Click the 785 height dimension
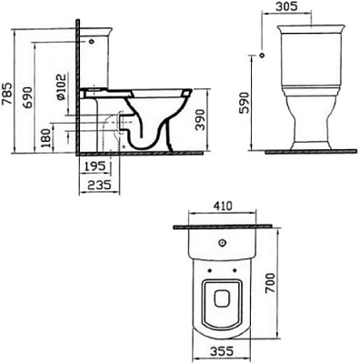coord(8,88)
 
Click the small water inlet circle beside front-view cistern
coord(262,56)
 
